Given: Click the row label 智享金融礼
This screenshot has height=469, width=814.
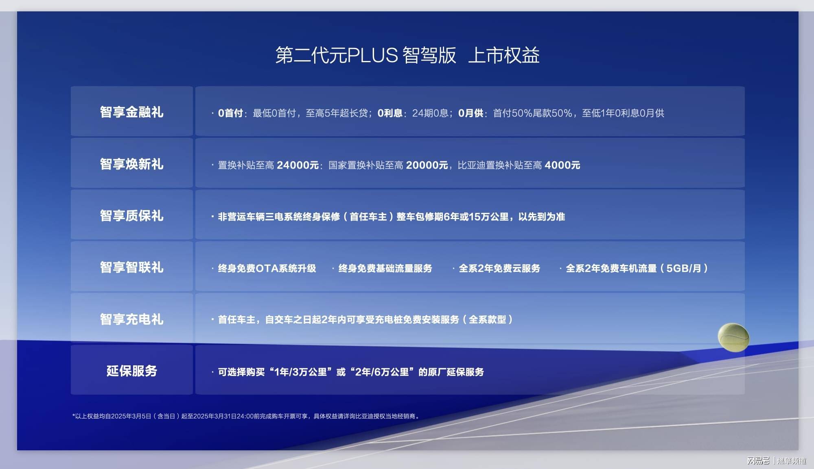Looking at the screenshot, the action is pyautogui.click(x=132, y=112).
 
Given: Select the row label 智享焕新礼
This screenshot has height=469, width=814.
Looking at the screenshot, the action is pyautogui.click(x=132, y=164).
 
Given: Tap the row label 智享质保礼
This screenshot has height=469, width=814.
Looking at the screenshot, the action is pyautogui.click(x=132, y=216).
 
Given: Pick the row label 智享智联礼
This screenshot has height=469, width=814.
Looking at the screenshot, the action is pyautogui.click(x=132, y=267).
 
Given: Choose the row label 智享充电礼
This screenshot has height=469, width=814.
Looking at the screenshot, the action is pyautogui.click(x=132, y=319).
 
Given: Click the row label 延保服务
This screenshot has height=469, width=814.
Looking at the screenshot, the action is pyautogui.click(x=132, y=371).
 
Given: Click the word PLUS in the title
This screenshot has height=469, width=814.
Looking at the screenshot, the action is pyautogui.click(x=372, y=55).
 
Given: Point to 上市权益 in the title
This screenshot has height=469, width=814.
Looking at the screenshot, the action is pyautogui.click(x=504, y=55).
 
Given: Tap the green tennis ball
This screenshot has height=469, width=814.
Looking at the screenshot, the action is pyautogui.click(x=733, y=337).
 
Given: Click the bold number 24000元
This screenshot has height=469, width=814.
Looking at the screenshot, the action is pyautogui.click(x=298, y=165).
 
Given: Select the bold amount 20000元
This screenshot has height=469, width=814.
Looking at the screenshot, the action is pyautogui.click(x=427, y=165).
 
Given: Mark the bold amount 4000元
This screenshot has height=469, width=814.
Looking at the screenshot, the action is pyautogui.click(x=562, y=165).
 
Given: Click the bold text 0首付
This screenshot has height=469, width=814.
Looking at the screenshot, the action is pyautogui.click(x=230, y=113).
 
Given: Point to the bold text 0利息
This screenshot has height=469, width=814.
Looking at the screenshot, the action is pyautogui.click(x=390, y=113).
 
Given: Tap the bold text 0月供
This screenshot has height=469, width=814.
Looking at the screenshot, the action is pyautogui.click(x=471, y=113).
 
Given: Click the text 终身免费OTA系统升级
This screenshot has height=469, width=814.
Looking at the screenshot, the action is pyautogui.click(x=267, y=268).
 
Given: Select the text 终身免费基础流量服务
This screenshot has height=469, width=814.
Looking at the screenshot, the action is pyautogui.click(x=385, y=268).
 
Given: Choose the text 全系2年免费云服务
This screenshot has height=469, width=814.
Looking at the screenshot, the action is pyautogui.click(x=500, y=268).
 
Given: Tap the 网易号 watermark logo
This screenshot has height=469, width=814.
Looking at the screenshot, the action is pyautogui.click(x=758, y=460).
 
